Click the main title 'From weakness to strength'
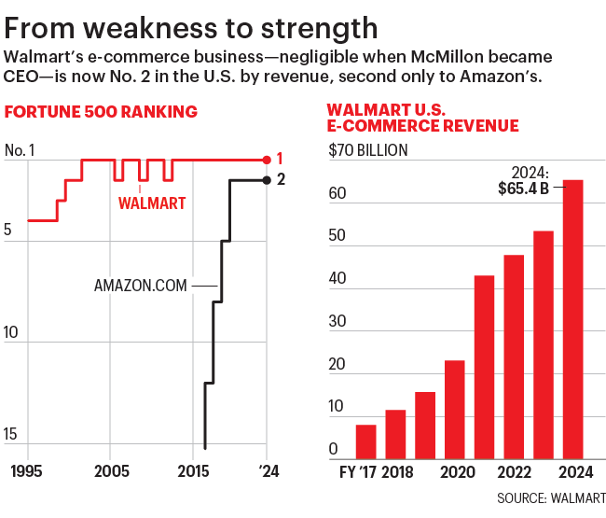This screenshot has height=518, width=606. coord(191,25)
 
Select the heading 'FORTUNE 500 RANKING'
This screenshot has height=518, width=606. coord(102,113)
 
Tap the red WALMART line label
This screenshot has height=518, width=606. coord(152,203)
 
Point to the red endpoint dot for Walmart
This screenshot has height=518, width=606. coord(268,160)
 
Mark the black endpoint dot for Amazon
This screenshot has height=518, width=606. coord(268,180)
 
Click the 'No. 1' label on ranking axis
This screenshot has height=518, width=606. coord(20,149)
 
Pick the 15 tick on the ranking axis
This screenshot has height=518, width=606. coord(12,434)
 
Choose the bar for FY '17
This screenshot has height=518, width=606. coord(366,441)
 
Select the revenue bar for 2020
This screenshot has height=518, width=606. coord(455,409)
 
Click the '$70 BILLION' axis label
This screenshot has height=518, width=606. coord(367,149)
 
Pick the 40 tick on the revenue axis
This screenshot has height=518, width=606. coord(338,279)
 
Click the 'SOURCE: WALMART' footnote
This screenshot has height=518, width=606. coord(551,497)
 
